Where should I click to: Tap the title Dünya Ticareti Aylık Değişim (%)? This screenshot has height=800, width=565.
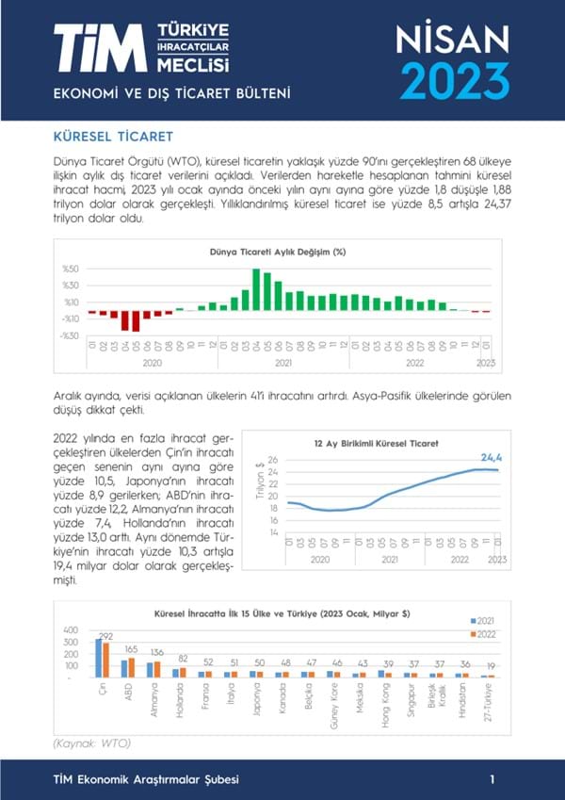(278, 252)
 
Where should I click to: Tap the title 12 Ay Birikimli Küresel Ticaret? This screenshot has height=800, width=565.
(376, 442)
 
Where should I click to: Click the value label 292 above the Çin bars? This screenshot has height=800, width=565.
(105, 635)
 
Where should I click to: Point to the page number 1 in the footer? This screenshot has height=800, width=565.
(492, 779)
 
